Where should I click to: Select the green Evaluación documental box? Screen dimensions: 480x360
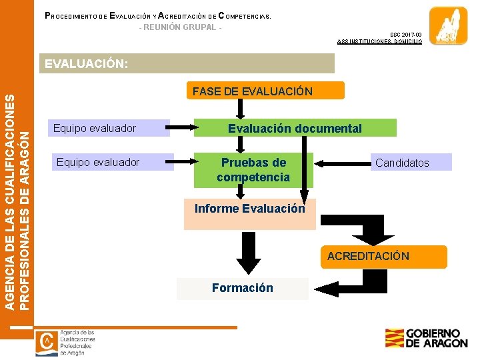(295, 128)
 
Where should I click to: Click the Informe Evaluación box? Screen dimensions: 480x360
(249, 214)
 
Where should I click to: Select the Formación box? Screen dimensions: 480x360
(243, 288)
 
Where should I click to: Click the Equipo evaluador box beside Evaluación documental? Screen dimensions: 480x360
(110, 128)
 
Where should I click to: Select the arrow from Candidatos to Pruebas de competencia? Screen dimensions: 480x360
(342, 162)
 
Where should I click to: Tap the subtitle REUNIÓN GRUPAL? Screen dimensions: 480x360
(180, 27)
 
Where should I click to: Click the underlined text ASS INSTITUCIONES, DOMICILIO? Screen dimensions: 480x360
(379, 41)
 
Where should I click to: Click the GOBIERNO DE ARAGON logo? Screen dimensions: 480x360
(426, 338)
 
